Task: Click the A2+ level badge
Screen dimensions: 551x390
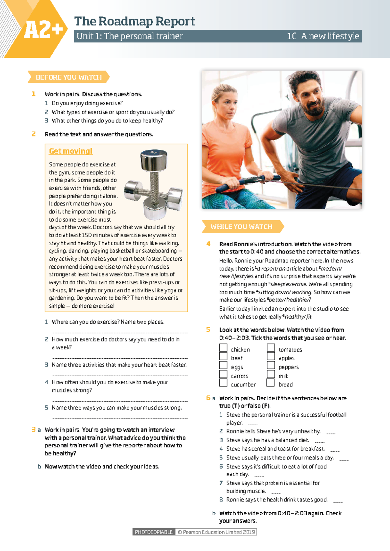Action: (x=43, y=30)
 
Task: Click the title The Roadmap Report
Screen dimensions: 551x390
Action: (x=134, y=21)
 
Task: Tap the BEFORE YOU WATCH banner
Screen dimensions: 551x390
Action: (x=69, y=77)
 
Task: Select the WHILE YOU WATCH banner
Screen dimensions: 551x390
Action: (x=241, y=227)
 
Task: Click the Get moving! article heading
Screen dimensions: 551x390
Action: (x=71, y=151)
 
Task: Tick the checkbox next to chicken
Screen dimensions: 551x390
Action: (x=223, y=348)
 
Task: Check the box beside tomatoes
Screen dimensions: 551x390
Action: (x=271, y=348)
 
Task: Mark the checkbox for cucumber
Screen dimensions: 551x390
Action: (x=223, y=383)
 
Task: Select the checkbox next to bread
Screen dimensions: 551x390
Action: (x=271, y=383)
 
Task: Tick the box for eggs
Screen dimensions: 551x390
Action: (x=223, y=365)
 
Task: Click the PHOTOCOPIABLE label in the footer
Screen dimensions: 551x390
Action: (x=154, y=532)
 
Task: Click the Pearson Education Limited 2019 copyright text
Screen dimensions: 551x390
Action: (x=216, y=532)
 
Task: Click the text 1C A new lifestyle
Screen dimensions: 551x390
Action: (x=323, y=36)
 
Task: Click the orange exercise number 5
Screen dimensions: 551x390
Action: (x=208, y=330)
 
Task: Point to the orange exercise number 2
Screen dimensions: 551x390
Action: (x=34, y=134)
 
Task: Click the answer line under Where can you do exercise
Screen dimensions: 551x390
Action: (x=120, y=332)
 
